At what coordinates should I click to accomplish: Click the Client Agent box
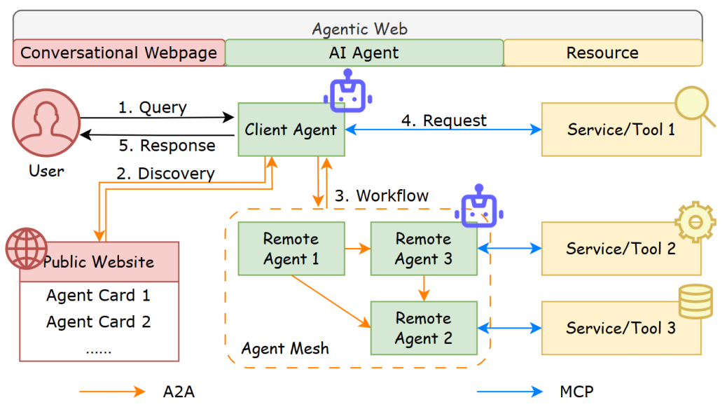pyautogui.click(x=291, y=130)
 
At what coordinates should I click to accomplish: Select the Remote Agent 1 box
pyautogui.click(x=291, y=249)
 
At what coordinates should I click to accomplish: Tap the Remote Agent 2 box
pyautogui.click(x=423, y=328)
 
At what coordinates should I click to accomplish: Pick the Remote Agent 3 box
pyautogui.click(x=423, y=249)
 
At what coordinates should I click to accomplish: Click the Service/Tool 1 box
pyautogui.click(x=621, y=130)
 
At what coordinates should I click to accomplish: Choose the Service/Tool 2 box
pyautogui.click(x=621, y=249)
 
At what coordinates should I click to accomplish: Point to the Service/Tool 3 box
pyautogui.click(x=621, y=328)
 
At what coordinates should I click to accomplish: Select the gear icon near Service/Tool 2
pyautogui.click(x=695, y=223)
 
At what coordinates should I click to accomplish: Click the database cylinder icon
pyautogui.click(x=695, y=302)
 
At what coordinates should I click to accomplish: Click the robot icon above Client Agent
pyautogui.click(x=348, y=94)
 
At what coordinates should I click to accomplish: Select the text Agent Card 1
pyautogui.click(x=98, y=296)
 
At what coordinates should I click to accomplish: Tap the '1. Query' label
pyautogui.click(x=152, y=108)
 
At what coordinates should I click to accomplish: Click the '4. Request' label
pyautogui.click(x=443, y=120)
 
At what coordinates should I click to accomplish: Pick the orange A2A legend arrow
pyautogui.click(x=112, y=392)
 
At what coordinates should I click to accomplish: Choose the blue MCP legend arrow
pyautogui.click(x=509, y=392)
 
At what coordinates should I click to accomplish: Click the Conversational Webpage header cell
pyautogui.click(x=119, y=53)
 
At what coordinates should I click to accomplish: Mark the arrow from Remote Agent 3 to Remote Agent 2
pyautogui.click(x=423, y=288)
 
